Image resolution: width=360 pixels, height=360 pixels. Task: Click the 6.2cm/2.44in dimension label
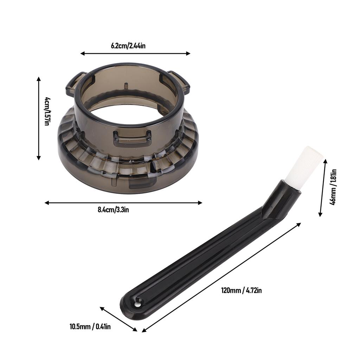pyautogui.click(x=128, y=45)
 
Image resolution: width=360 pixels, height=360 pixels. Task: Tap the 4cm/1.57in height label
pyautogui.click(x=47, y=111)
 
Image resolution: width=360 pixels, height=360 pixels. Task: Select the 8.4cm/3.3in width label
pyautogui.click(x=113, y=210)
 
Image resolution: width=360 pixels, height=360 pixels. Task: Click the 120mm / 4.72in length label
pyautogui.click(x=241, y=290)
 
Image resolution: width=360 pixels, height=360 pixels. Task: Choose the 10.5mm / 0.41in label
pyautogui.click(x=90, y=327)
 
